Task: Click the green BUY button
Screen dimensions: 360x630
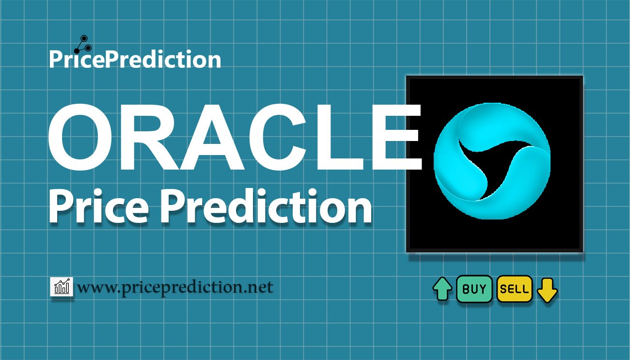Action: (474, 289)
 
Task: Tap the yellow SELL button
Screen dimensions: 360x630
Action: (515, 289)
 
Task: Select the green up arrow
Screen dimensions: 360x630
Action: (442, 290)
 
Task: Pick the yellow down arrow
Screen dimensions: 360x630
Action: (547, 290)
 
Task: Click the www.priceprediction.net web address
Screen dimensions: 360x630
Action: (175, 288)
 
